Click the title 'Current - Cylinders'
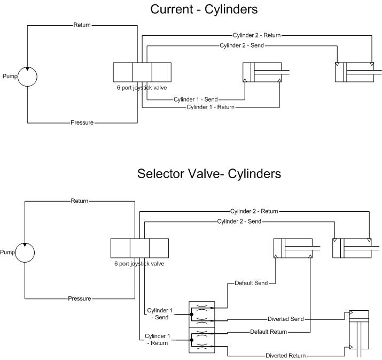click(204, 9)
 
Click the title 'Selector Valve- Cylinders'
click(209, 174)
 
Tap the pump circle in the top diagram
click(27, 76)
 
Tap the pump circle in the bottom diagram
click(25, 252)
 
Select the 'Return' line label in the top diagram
click(82, 25)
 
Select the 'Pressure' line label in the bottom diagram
click(80, 298)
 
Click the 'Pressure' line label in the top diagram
click(82, 122)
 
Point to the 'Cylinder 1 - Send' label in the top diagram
click(195, 99)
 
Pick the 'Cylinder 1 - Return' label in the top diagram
click(211, 108)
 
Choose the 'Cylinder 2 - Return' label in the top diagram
click(257, 35)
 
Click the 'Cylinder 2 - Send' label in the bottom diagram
click(239, 221)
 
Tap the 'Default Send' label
click(251, 283)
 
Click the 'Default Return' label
click(268, 332)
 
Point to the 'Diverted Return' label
click(286, 355)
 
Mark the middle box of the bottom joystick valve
click(139, 248)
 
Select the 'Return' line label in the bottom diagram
click(80, 201)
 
